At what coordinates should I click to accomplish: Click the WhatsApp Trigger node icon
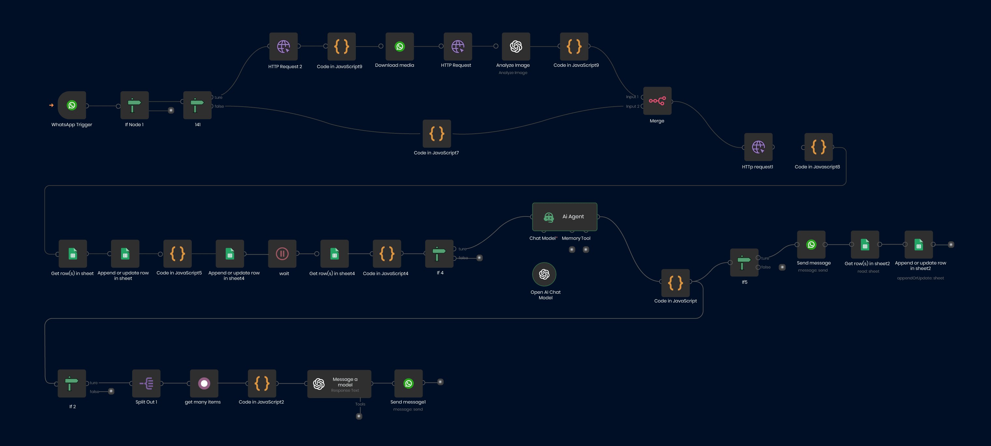click(x=72, y=105)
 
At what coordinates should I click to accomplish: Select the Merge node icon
click(x=657, y=101)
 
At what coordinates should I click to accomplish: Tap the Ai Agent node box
click(x=565, y=217)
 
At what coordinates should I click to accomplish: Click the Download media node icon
click(x=400, y=47)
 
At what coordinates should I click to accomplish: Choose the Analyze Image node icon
click(x=516, y=47)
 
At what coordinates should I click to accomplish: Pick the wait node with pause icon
click(x=282, y=254)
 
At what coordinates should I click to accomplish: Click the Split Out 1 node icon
click(x=146, y=383)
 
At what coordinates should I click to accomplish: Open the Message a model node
click(x=339, y=384)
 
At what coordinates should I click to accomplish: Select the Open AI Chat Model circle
click(x=544, y=274)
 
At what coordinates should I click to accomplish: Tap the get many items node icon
click(x=204, y=383)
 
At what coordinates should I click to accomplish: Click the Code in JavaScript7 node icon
click(x=437, y=134)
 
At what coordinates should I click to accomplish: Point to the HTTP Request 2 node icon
click(x=284, y=47)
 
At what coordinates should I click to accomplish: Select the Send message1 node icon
click(x=409, y=383)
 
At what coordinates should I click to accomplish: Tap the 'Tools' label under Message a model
click(x=360, y=404)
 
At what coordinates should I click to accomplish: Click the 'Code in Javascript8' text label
click(x=817, y=167)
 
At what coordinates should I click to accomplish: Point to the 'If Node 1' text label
click(x=134, y=125)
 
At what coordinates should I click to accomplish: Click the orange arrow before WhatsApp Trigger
click(x=51, y=105)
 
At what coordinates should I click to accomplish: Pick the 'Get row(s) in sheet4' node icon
click(x=335, y=254)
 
